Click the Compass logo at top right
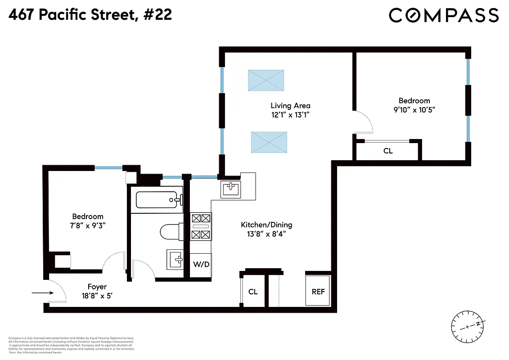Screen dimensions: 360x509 [443, 15]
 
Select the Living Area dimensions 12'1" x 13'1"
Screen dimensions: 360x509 [290, 115]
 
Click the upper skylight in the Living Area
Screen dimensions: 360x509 [266, 81]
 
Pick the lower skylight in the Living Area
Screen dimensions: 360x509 [269, 143]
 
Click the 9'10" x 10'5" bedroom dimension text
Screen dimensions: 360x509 [414, 110]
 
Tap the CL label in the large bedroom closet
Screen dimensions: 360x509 [388, 151]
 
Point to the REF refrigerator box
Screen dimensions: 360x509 [318, 292]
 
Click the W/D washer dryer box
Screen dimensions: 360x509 [201, 264]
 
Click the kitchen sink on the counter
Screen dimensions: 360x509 [231, 189]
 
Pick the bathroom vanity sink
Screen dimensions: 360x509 [175, 259]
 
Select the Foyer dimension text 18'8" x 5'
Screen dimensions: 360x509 [97, 296]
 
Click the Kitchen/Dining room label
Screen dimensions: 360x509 [266, 225]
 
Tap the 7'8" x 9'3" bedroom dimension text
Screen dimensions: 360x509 [89, 225]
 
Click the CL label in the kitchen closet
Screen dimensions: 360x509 [253, 292]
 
